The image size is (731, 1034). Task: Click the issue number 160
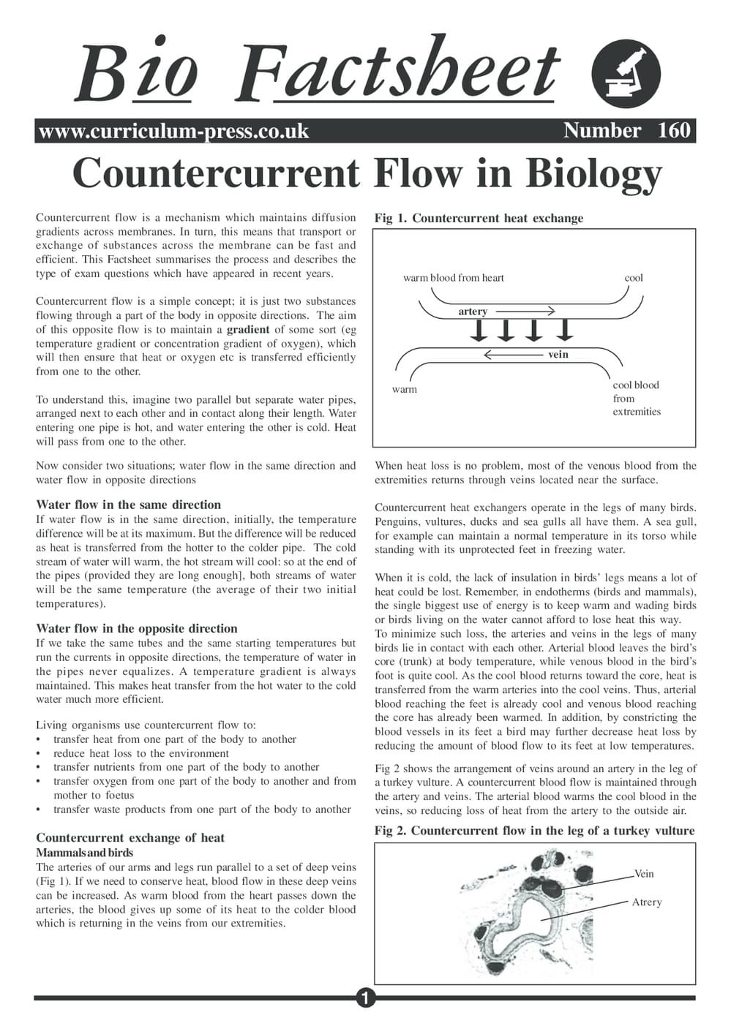(x=674, y=130)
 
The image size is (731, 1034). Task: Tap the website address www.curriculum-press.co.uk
(x=173, y=131)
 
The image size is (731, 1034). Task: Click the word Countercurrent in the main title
(x=216, y=174)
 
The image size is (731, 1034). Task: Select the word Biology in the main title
(x=593, y=174)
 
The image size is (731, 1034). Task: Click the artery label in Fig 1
(x=473, y=312)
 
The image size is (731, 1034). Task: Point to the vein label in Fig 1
(x=558, y=355)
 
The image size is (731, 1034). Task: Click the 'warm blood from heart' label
(x=453, y=278)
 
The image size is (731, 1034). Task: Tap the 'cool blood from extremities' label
(x=636, y=399)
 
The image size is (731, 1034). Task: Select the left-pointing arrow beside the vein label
(x=512, y=355)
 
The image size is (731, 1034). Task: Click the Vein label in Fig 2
(x=644, y=874)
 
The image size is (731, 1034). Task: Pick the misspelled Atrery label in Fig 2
(x=646, y=902)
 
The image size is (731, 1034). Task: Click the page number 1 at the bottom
(x=365, y=997)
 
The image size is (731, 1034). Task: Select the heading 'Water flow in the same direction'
(x=128, y=505)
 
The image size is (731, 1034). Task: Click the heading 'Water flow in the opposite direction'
(x=137, y=628)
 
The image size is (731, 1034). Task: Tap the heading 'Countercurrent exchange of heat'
(x=130, y=838)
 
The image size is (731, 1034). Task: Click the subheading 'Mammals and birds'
(x=84, y=853)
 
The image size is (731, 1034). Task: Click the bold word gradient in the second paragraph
(x=248, y=329)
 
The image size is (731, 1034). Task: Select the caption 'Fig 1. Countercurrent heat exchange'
(x=479, y=218)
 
